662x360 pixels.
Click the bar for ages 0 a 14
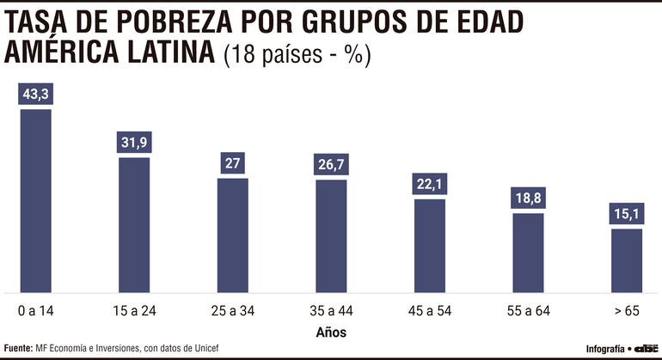click(35, 200)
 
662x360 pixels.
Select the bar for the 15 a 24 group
click(134, 224)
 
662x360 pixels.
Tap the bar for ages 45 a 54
click(430, 245)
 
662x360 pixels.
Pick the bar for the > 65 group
click(627, 259)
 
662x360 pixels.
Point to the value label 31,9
click(134, 143)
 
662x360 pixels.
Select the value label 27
click(233, 163)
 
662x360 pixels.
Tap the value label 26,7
click(331, 164)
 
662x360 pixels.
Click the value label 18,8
click(529, 198)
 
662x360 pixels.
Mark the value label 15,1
click(627, 214)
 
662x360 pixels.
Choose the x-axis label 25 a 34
click(233, 309)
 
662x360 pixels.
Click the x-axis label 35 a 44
click(331, 309)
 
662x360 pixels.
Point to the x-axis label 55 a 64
click(529, 309)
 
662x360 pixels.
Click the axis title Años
click(331, 330)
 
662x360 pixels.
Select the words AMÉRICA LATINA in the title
click(109, 53)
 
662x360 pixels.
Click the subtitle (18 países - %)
click(296, 55)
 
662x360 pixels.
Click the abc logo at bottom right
click(645, 348)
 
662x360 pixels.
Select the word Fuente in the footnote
click(17, 348)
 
